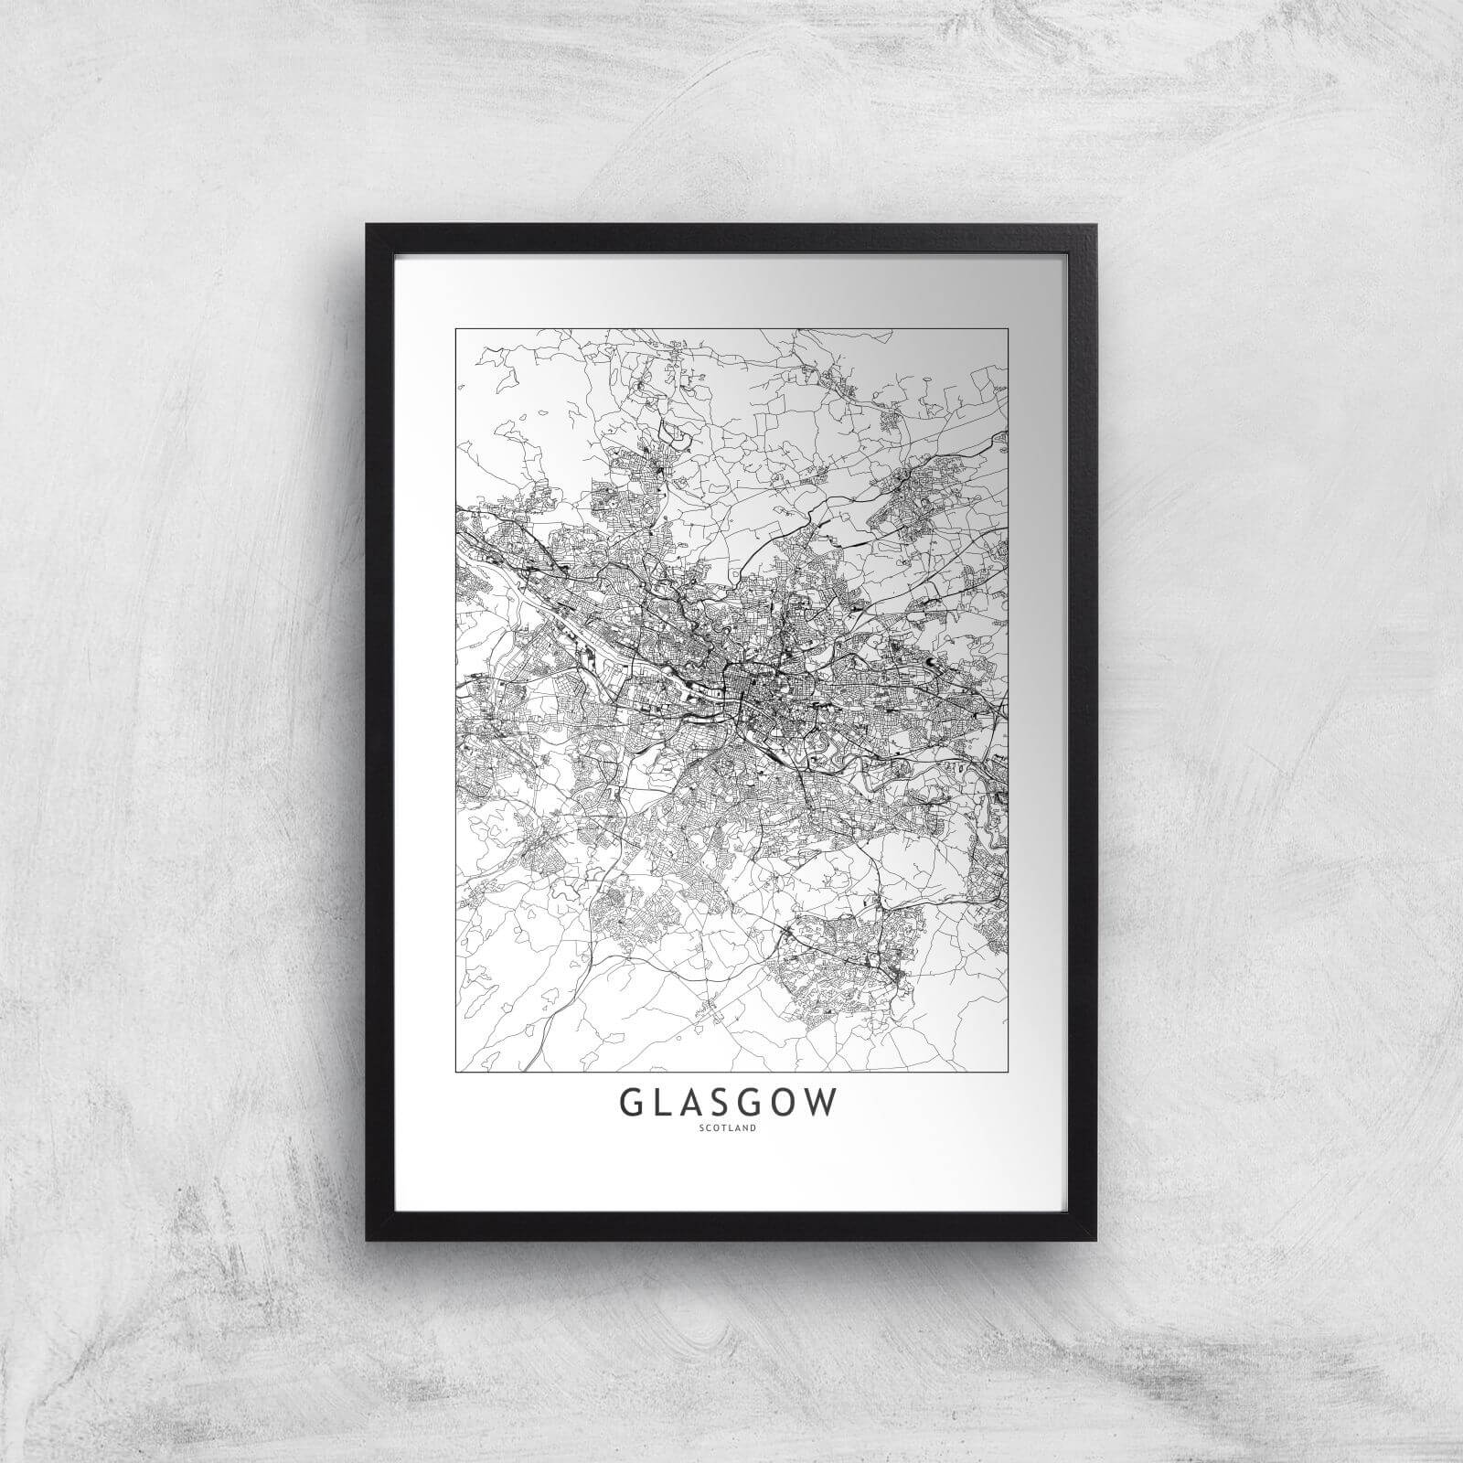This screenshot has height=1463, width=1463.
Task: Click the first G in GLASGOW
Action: tap(635, 1104)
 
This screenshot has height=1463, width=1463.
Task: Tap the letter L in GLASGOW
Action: tap(669, 1104)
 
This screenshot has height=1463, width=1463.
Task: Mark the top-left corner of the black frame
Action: tap(368, 225)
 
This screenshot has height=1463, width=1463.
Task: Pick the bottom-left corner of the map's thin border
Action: tap(455, 1071)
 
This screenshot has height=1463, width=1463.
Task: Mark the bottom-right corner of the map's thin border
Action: tap(1008, 1071)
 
